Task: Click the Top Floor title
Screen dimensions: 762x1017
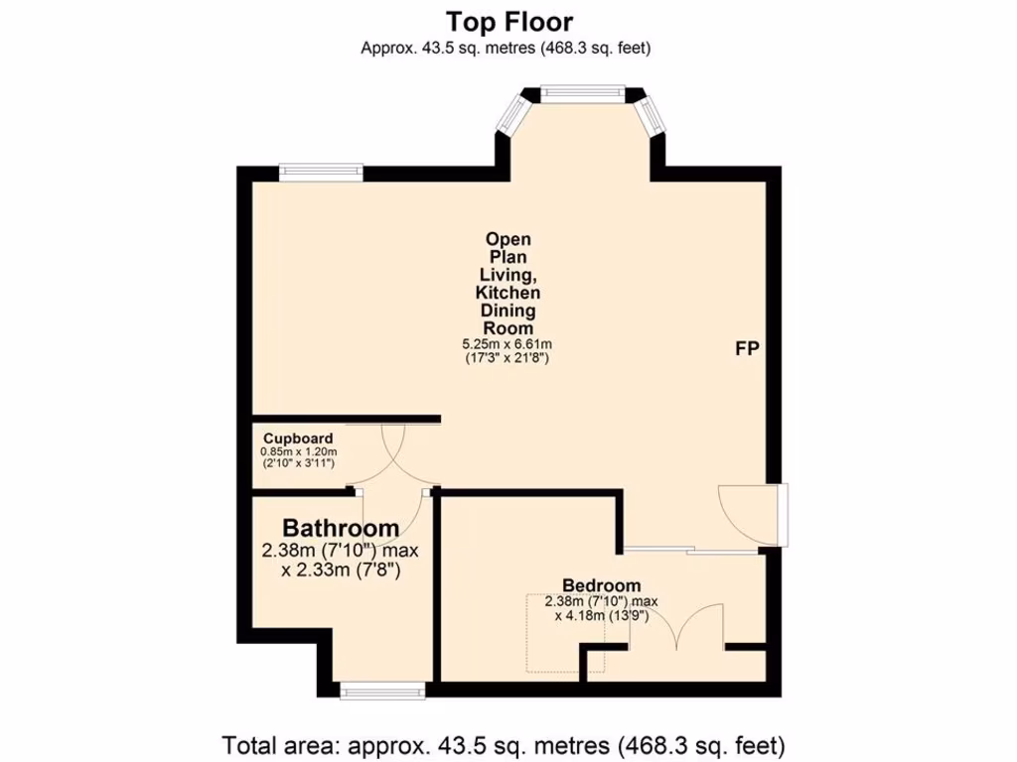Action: pos(508,21)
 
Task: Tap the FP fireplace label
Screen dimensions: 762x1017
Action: pos(747,349)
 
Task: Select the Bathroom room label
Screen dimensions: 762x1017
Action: pos(341,528)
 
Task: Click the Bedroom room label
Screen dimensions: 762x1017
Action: pos(601,585)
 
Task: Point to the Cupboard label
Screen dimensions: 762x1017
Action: pos(298,438)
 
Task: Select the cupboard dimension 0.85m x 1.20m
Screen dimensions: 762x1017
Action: pos(299,451)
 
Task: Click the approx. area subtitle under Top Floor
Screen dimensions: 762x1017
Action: pos(508,47)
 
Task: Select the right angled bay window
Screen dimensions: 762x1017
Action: pos(654,116)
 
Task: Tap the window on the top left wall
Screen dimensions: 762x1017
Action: pos(320,173)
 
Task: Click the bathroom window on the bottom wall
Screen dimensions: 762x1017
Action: pos(382,691)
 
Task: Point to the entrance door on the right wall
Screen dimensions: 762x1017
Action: pos(755,514)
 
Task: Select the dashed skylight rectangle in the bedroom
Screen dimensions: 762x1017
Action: pos(551,635)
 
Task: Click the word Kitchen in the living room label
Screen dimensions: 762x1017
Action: pos(508,293)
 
